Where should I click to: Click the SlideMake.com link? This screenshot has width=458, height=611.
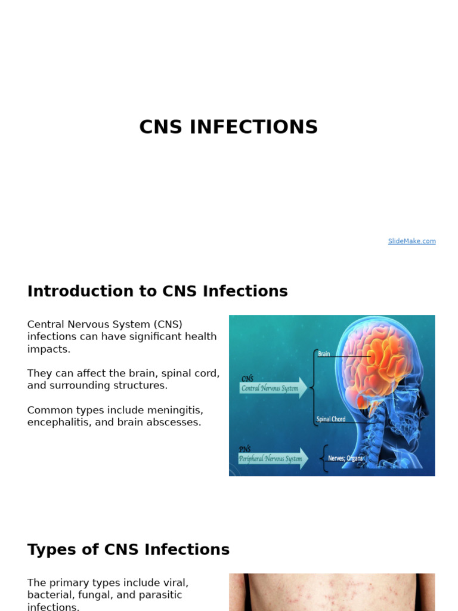click(411, 241)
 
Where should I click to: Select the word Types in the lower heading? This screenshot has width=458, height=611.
click(49, 550)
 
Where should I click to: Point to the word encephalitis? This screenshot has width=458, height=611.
click(57, 422)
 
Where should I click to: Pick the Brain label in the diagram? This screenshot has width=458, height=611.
click(324, 354)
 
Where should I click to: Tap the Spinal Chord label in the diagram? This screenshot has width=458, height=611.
click(331, 419)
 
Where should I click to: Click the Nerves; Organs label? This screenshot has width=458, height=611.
click(345, 458)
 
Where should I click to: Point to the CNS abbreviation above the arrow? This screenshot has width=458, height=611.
click(247, 378)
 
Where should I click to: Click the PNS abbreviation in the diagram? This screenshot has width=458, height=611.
click(245, 449)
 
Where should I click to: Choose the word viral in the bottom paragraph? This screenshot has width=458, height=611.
click(177, 582)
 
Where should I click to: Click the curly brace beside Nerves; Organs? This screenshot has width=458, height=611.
click(324, 458)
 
